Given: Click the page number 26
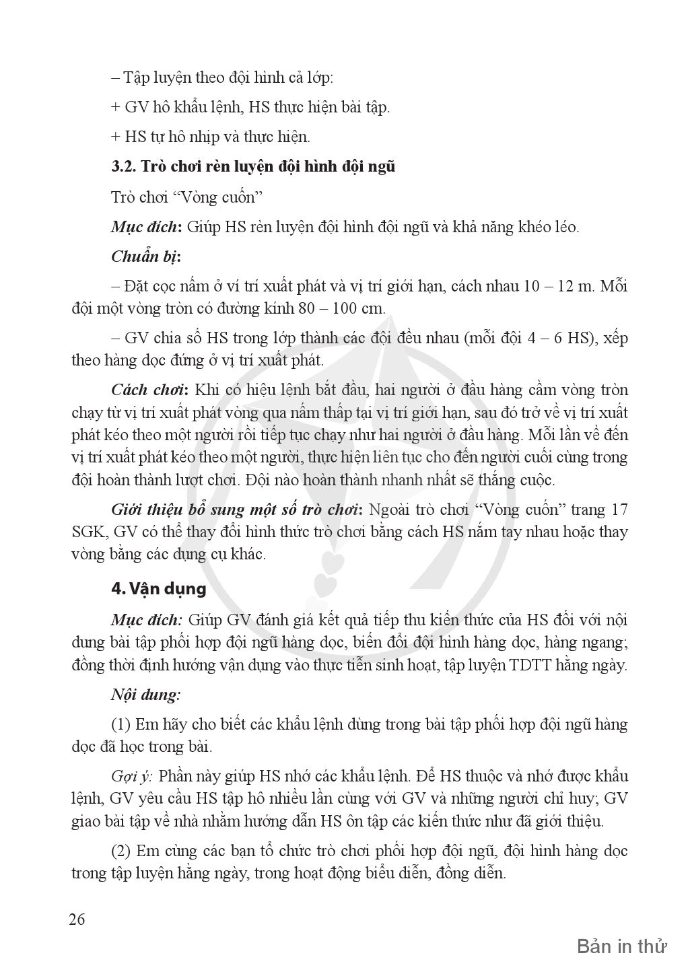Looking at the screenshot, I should coord(77,919).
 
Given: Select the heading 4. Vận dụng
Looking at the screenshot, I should coord(159,588).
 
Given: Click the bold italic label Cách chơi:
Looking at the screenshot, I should coord(149,390).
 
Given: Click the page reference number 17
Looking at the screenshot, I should coord(619,509).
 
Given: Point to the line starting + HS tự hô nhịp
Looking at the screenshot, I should coord(210,137).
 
